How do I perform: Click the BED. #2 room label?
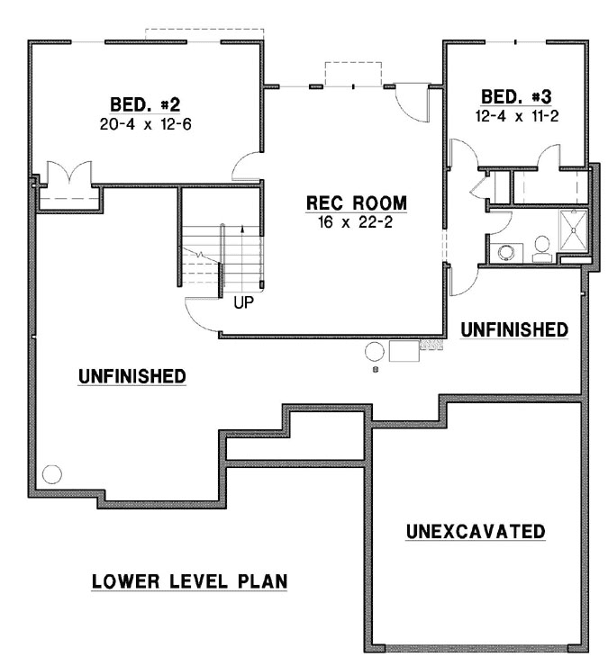tap(145, 103)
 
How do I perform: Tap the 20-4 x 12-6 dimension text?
tap(145, 121)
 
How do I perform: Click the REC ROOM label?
tap(355, 202)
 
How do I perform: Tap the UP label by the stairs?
tap(243, 302)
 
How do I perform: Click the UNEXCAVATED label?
tap(475, 531)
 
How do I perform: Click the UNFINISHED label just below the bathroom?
tap(514, 329)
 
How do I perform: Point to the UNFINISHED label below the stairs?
tap(132, 375)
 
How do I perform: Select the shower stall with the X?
tap(572, 230)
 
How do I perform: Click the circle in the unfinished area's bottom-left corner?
tap(52, 472)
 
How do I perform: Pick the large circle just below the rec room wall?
tap(375, 350)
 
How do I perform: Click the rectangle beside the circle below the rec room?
tap(403, 351)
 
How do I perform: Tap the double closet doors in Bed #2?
tap(68, 172)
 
